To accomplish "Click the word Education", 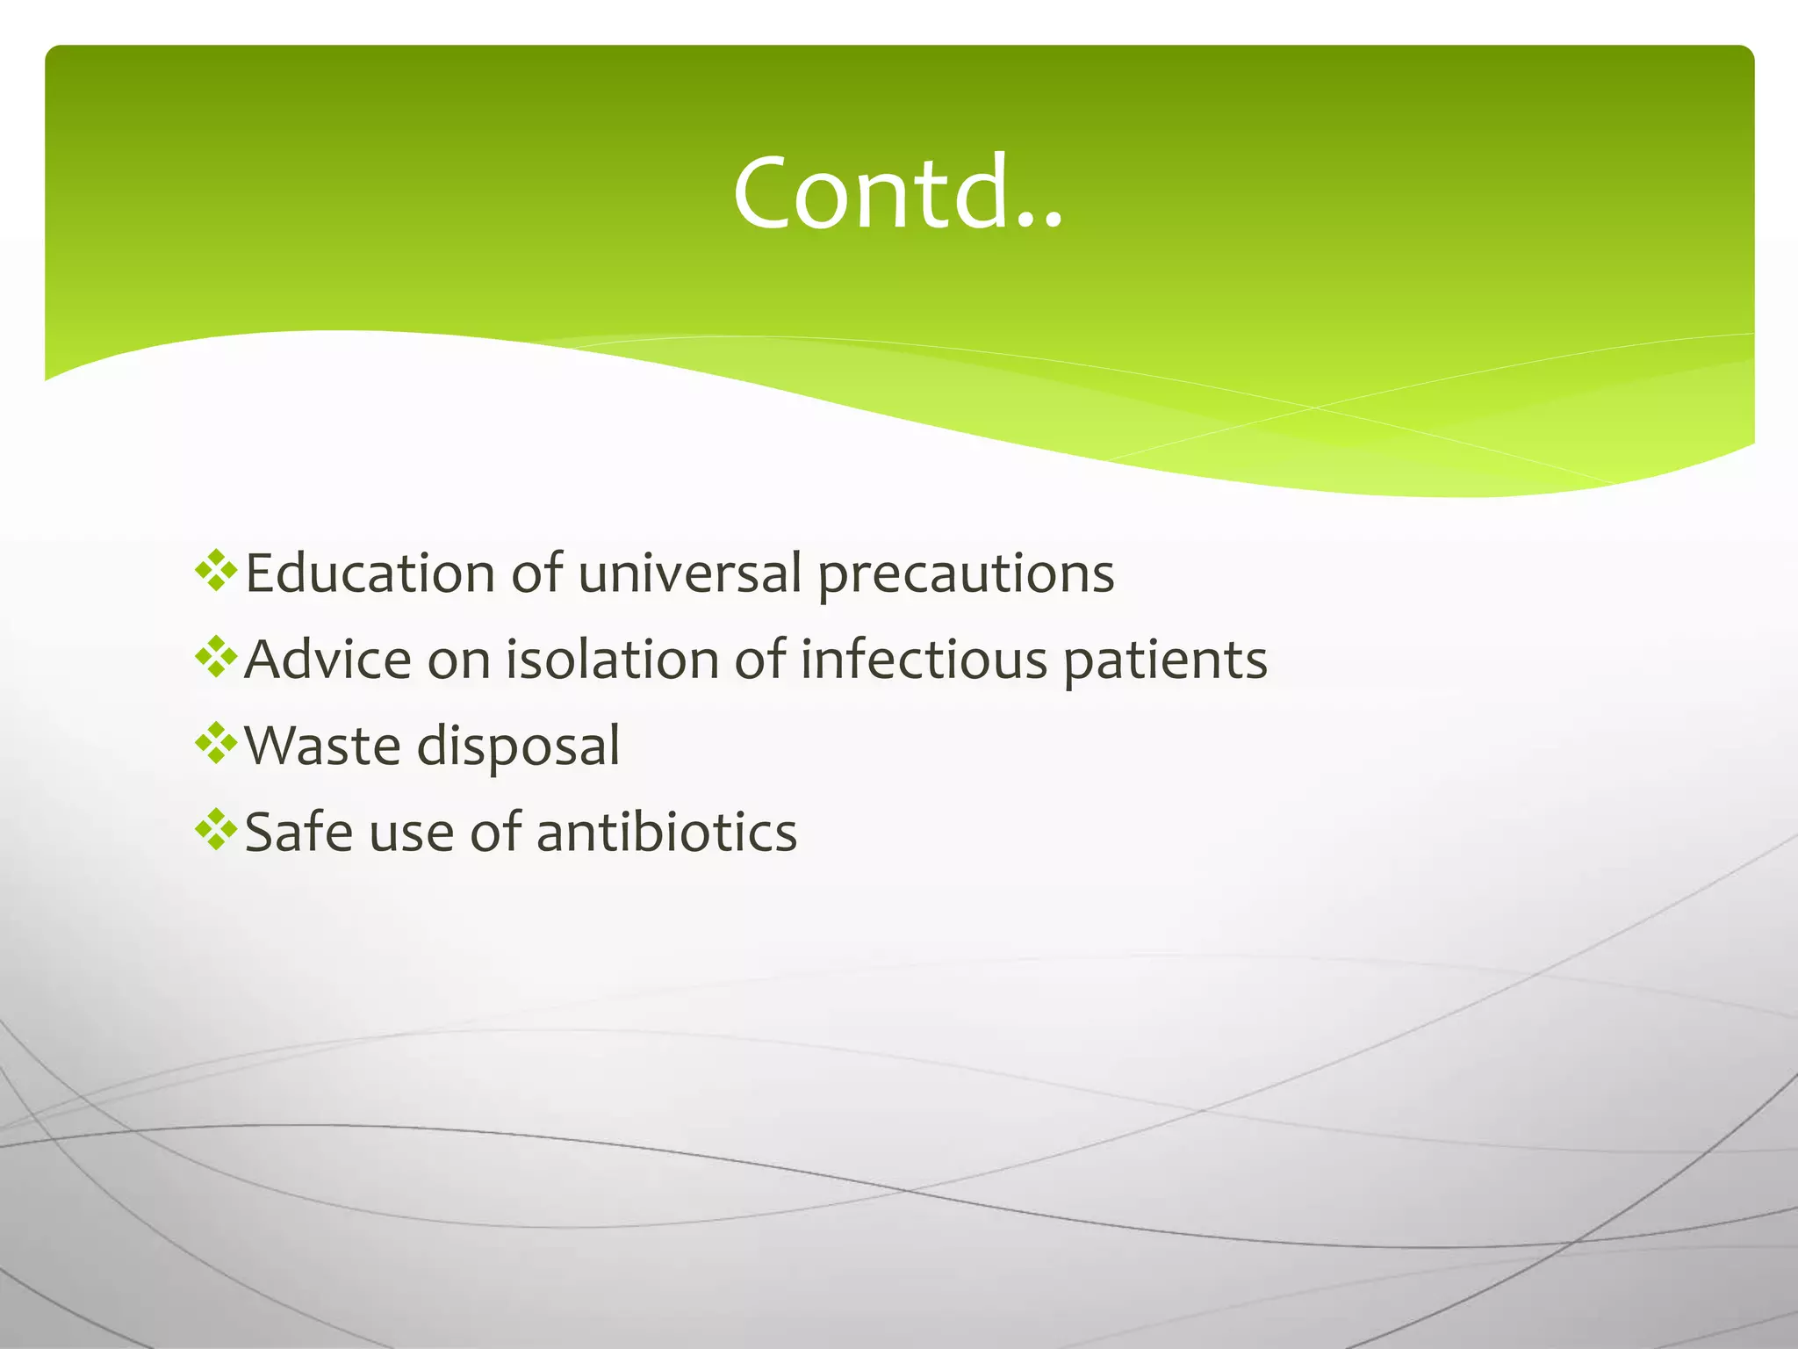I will pyautogui.click(x=370, y=574).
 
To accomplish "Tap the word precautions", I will pyautogui.click(x=966, y=575).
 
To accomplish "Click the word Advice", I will pyautogui.click(x=327, y=660).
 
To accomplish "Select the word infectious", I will pyautogui.click(x=924, y=660).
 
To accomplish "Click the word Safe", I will pyautogui.click(x=298, y=832).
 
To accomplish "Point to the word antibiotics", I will pyautogui.click(x=666, y=832).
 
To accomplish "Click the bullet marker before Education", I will pyautogui.click(x=216, y=571).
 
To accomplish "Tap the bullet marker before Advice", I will pyautogui.click(x=216, y=657).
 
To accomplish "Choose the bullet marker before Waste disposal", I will pyautogui.click(x=216, y=743).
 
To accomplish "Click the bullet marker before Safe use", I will pyautogui.click(x=216, y=829).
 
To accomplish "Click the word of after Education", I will pyautogui.click(x=536, y=574).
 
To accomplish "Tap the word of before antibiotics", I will pyautogui.click(x=496, y=832).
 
